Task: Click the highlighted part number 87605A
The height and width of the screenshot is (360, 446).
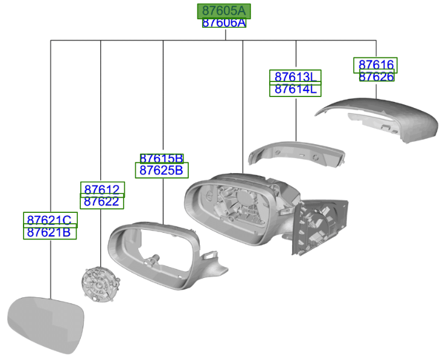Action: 224,11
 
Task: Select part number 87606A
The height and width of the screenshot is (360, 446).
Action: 224,23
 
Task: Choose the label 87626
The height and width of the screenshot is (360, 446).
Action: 377,77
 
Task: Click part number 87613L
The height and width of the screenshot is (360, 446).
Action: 295,77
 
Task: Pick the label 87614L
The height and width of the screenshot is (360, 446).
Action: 295,89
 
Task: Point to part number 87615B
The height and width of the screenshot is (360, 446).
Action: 161,159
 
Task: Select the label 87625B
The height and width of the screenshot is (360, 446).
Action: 161,170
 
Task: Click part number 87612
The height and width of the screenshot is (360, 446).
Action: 101,189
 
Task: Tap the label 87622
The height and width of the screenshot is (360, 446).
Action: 101,201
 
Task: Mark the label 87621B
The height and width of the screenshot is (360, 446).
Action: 49,232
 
